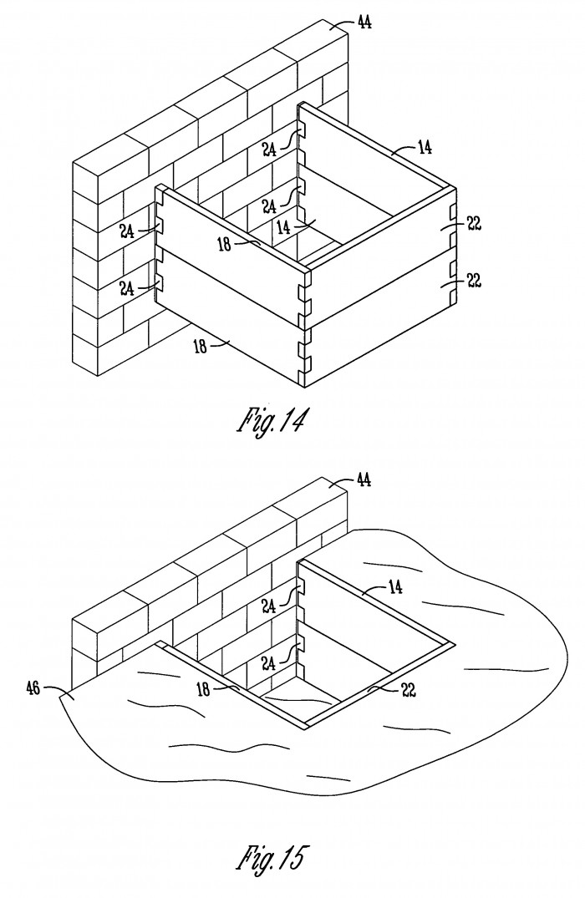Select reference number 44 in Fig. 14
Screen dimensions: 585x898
364,23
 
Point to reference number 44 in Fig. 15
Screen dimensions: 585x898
364,479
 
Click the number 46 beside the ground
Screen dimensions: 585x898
33,687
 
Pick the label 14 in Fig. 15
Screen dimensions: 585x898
395,586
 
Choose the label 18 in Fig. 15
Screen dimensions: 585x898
203,689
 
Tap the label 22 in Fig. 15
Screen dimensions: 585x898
408,690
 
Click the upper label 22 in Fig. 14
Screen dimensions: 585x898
474,223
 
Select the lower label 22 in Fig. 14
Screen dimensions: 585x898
474,281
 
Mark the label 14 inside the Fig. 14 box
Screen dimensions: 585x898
283,227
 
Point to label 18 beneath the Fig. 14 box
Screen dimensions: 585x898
201,347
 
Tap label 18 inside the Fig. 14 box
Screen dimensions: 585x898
225,245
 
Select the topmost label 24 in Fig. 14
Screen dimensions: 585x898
270,150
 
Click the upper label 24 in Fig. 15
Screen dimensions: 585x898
270,605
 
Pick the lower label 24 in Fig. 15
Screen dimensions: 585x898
270,662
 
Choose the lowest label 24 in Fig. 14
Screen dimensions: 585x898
127,289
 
